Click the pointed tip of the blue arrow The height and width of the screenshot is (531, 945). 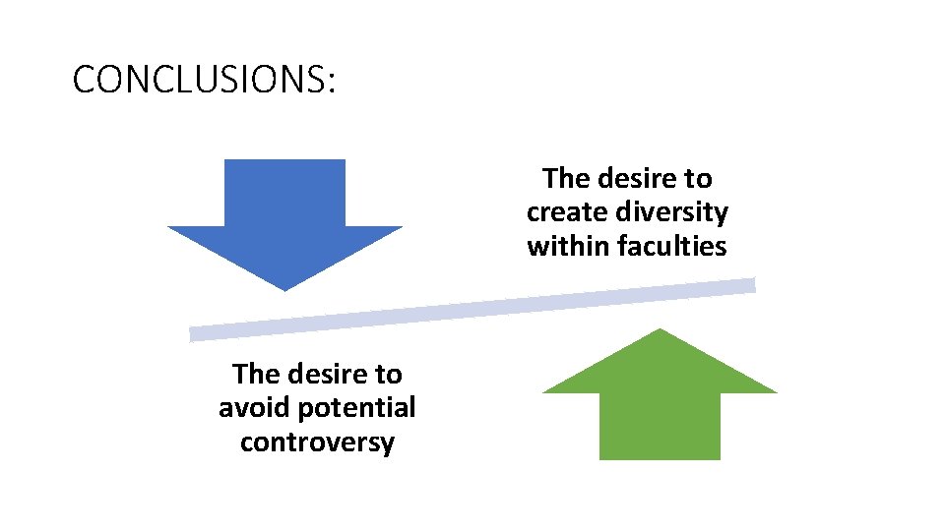[284, 287]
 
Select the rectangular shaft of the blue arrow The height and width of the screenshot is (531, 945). [284, 193]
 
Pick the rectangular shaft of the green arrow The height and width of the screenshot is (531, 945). [660, 426]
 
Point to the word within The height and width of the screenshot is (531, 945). [569, 246]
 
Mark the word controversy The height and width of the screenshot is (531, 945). [317, 442]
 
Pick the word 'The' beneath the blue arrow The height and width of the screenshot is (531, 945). [255, 374]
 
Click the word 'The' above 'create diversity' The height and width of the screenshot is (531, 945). [565, 179]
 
